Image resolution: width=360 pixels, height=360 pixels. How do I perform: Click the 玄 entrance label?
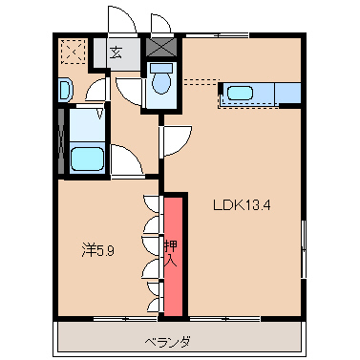(116, 53)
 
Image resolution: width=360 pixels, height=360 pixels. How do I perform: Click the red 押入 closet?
(174, 255)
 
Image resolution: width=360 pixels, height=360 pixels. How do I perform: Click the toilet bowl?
(161, 83)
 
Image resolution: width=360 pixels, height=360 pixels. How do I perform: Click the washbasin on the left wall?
(64, 90)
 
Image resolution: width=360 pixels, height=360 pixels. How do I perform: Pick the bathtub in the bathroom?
(87, 158)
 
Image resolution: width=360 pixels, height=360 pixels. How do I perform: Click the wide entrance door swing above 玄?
(119, 21)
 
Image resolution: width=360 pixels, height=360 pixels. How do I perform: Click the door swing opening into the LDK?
(175, 141)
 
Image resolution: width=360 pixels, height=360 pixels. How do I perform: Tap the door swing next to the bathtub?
(124, 159)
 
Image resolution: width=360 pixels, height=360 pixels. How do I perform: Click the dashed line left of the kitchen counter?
(199, 79)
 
